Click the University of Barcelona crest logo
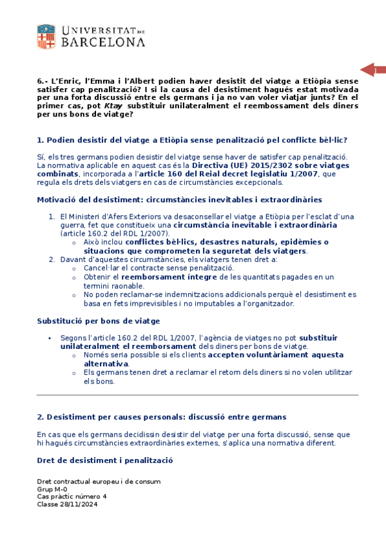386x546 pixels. [x=47, y=37]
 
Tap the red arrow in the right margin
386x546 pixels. [x=372, y=70]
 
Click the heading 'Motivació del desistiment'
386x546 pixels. [x=179, y=200]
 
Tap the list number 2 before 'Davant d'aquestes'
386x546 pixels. [x=52, y=259]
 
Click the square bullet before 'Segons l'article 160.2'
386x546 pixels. [x=50, y=337]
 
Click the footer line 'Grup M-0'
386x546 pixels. [x=52, y=489]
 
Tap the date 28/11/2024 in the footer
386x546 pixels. [x=80, y=504]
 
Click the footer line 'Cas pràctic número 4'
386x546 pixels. [x=72, y=496]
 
